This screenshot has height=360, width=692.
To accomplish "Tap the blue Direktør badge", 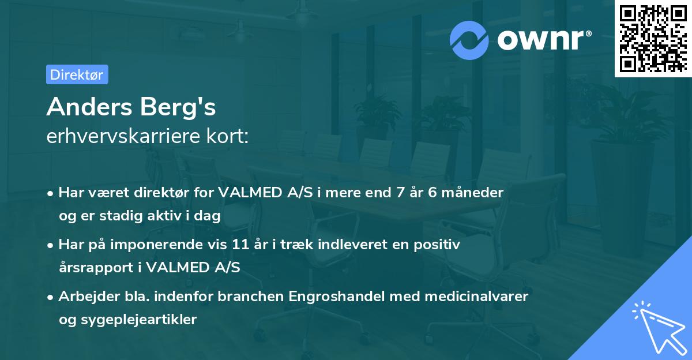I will click(77, 74).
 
